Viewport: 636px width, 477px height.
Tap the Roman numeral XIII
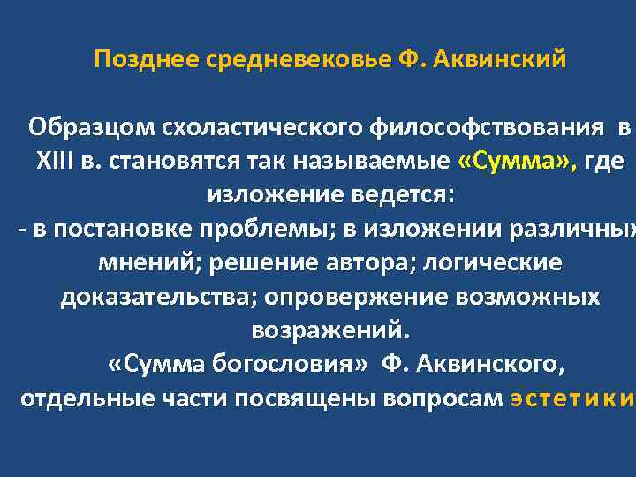55,161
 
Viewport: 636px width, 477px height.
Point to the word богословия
269,364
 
